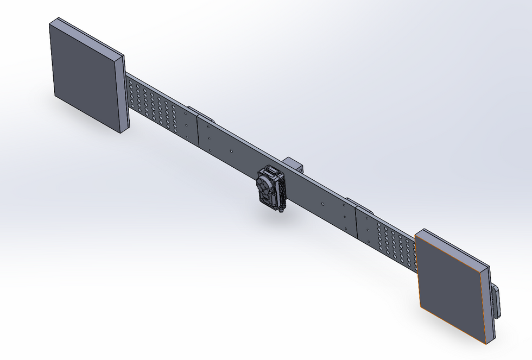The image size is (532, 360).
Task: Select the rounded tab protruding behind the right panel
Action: pos(496,301)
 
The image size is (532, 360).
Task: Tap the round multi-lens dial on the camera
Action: pos(264,187)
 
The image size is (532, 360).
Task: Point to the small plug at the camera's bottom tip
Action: pos(280,212)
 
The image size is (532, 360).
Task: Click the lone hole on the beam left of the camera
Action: pos(231,151)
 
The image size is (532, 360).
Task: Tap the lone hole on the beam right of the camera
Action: pos(322,205)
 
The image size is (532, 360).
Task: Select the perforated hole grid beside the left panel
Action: pos(154,106)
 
